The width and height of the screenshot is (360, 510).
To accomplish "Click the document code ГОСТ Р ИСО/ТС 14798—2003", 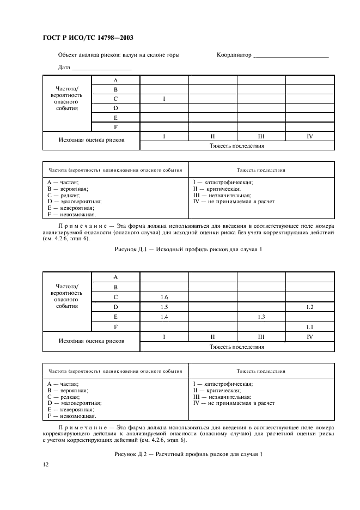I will (87, 38).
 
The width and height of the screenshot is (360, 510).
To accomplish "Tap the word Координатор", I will (234, 55).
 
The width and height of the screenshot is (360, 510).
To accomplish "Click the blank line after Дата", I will (102, 68).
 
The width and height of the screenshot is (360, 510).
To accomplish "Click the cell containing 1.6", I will (164, 297).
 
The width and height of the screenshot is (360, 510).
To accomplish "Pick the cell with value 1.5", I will (164, 307).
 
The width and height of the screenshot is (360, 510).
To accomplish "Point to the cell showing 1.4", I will (164, 317).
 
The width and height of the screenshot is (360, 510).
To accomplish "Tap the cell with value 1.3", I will (261, 317).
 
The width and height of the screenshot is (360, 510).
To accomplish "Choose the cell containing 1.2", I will (309, 307).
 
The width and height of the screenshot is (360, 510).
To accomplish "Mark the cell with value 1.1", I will (309, 327).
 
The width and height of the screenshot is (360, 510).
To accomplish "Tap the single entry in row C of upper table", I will (164, 99).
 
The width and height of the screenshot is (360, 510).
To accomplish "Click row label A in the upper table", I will (115, 80).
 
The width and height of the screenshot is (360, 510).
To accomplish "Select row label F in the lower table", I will (115, 327).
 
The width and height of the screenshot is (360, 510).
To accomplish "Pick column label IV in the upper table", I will (309, 136).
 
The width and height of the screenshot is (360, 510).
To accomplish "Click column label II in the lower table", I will (212, 337).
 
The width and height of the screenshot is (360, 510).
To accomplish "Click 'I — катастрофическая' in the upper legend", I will (223, 182).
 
